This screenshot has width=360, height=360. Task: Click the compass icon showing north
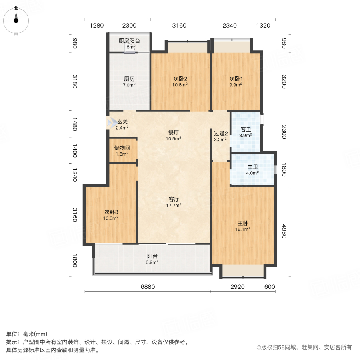pos(16,19)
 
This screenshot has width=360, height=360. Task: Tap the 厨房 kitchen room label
pos(129,79)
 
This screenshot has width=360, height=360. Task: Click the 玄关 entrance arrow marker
pos(110,122)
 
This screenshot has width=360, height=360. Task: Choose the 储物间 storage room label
pos(122,148)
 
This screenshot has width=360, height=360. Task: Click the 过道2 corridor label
pos(220,134)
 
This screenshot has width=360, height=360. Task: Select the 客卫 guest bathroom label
pos(245,130)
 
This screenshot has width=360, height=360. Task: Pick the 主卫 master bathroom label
pos(252,167)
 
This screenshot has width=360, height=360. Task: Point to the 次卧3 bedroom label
pos(111,212)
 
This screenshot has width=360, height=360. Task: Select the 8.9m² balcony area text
pos(152,262)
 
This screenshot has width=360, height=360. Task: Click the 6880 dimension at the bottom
pos(148,287)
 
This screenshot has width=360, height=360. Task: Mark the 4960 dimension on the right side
pos(284,231)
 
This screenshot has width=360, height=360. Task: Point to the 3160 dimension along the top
pos(179,26)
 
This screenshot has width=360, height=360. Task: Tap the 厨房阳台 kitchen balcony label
pos(129,41)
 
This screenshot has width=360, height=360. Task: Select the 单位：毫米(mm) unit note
pos(27,334)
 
